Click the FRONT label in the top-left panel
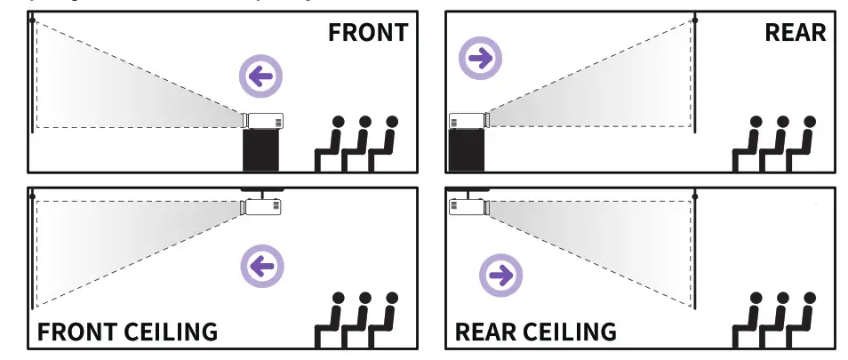(367, 33)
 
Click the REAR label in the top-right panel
(795, 33)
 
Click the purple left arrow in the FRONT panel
(260, 76)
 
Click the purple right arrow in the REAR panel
(480, 59)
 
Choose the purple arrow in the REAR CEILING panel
(500, 276)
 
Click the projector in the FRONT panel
(263, 120)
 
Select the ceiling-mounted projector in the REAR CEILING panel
(468, 206)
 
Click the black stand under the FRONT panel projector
(261, 149)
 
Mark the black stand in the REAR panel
(467, 149)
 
